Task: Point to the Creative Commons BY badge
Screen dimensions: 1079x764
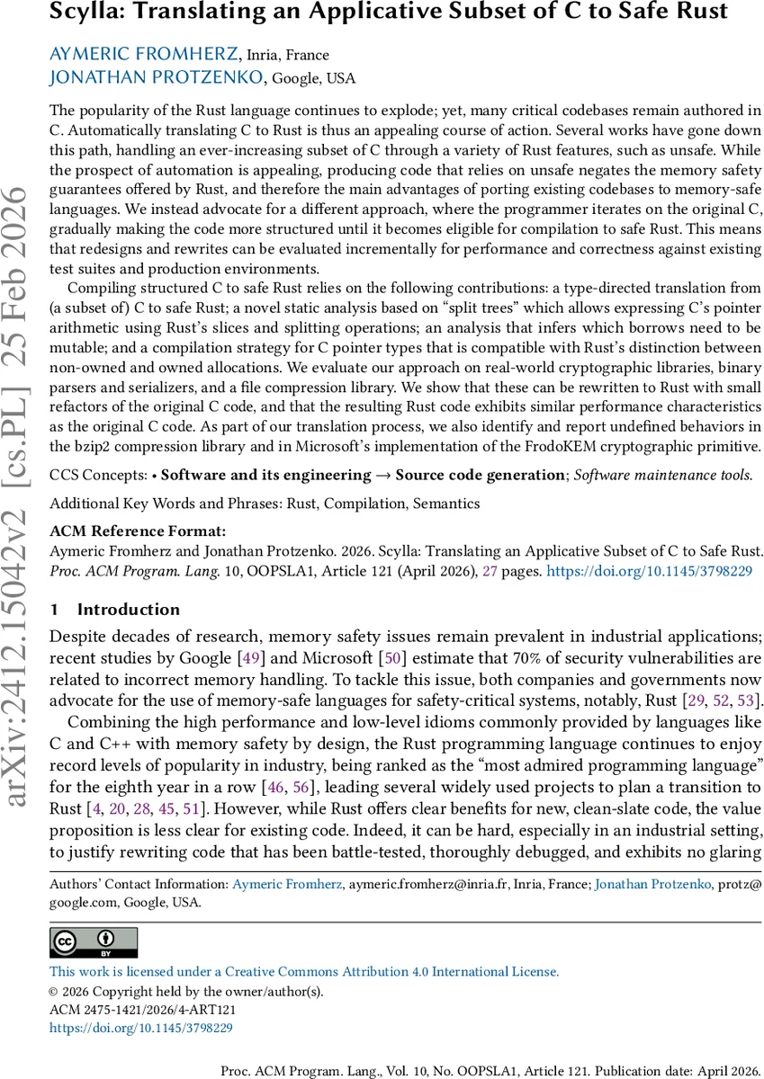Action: (94, 943)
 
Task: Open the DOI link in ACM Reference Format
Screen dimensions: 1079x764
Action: (649, 569)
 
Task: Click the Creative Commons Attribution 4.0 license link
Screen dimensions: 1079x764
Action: (303, 972)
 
